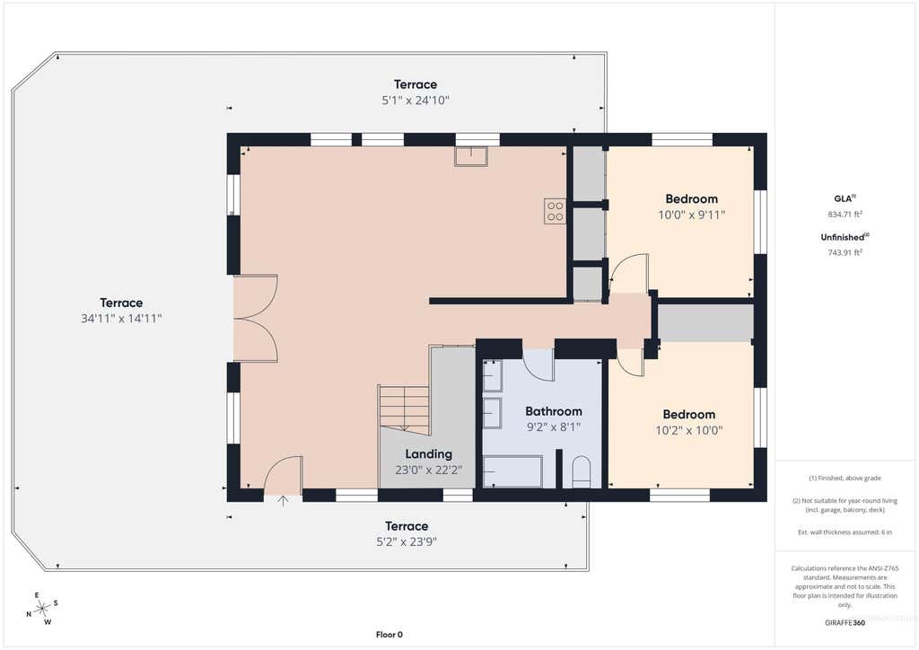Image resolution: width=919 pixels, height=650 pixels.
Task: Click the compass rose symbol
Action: coord(42,609)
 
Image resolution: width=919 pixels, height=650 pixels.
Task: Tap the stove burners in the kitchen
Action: coord(555,212)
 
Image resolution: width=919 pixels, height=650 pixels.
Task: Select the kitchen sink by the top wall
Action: coord(471,156)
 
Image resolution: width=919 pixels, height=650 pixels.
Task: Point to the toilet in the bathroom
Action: coord(581,471)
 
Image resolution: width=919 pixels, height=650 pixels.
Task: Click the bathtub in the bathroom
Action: coord(512,471)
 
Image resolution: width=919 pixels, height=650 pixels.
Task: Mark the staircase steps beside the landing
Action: coord(405,408)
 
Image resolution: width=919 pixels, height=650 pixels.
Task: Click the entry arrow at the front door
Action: coord(283,501)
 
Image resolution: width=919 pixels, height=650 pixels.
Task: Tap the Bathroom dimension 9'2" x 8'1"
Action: coord(553,427)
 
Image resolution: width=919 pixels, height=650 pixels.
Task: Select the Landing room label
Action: coord(428,453)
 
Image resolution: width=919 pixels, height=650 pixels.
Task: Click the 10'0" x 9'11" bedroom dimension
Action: coord(692,215)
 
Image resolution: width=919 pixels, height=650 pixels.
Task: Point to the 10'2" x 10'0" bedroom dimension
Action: coord(688,430)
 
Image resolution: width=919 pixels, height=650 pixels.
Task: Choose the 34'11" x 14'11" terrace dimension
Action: coord(121,319)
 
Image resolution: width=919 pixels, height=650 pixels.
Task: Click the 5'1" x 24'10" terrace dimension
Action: coord(416,101)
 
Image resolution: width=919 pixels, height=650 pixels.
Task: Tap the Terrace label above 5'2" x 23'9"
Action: coord(407,526)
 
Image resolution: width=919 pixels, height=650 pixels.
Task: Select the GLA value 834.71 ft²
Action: coord(845,215)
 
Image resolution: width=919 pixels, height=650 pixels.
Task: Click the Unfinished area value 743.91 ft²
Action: coord(845,252)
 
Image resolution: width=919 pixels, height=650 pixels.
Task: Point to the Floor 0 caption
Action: coord(389,634)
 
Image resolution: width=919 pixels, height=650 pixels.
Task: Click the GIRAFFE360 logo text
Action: coord(845,622)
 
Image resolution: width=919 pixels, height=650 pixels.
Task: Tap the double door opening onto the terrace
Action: coord(256,318)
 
